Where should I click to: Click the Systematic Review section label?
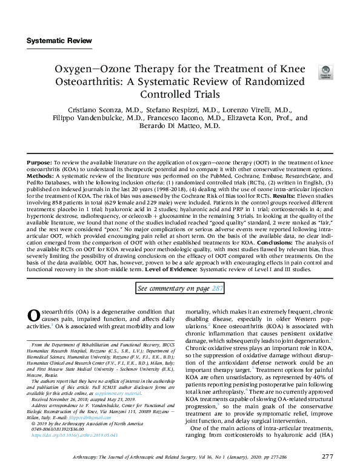59,41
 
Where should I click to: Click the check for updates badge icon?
325,73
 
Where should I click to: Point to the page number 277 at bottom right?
328,456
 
